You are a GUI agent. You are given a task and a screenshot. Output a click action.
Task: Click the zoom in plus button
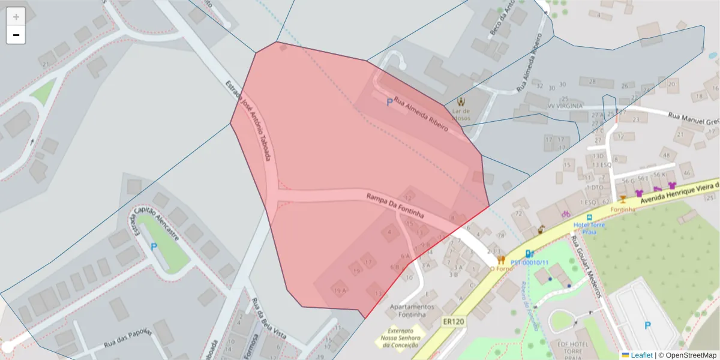click(x=16, y=17)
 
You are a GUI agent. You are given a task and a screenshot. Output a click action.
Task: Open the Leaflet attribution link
click(x=641, y=355)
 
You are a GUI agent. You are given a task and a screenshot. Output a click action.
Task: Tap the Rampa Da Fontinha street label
click(x=395, y=205)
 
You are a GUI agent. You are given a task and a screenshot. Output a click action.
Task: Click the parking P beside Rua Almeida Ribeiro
click(x=389, y=103)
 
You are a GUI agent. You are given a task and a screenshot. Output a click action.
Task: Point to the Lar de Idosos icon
click(x=461, y=102)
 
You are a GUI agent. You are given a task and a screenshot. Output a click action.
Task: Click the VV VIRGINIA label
click(x=565, y=106)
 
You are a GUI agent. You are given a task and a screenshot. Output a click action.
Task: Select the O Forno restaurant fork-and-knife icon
click(x=501, y=260)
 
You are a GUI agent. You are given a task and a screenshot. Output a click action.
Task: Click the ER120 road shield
click(x=454, y=322)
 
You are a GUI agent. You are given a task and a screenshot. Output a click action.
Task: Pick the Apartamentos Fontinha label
click(x=407, y=310)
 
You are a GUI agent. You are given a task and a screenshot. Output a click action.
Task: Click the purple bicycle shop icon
click(x=566, y=213)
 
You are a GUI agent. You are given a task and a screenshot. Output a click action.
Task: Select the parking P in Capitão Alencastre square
click(x=154, y=247)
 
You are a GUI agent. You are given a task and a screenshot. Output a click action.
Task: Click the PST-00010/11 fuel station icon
click(x=529, y=254)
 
